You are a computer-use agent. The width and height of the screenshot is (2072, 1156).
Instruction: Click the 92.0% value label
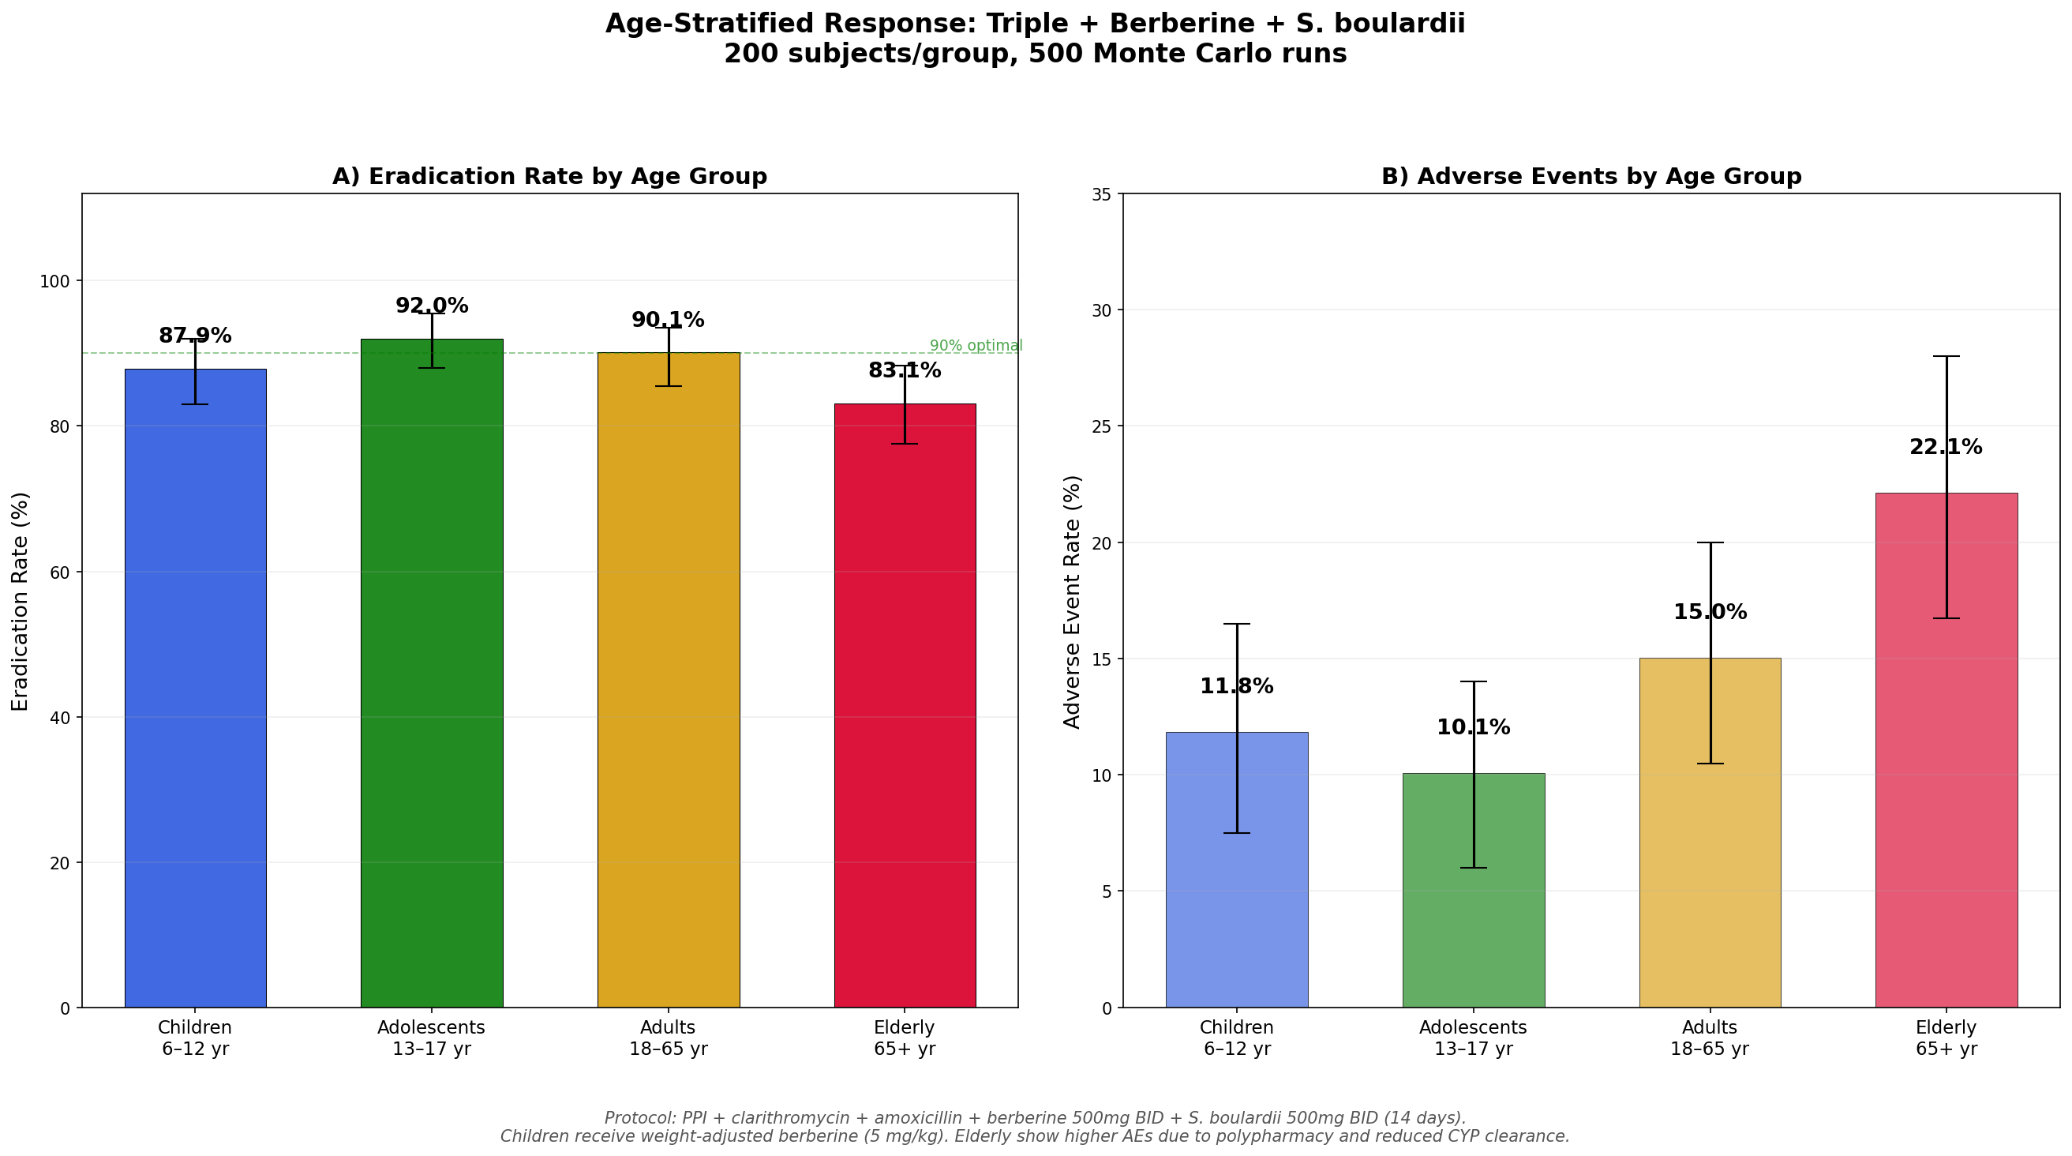tap(432, 306)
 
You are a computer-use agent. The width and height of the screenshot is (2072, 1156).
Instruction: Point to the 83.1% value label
tap(904, 371)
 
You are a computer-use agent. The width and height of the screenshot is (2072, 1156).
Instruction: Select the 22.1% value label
tap(1946, 447)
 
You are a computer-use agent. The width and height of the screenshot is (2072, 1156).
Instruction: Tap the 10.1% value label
tap(1473, 728)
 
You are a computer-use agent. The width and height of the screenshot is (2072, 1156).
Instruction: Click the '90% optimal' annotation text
tap(976, 346)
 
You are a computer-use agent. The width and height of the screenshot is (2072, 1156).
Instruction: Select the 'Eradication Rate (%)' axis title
tap(21, 601)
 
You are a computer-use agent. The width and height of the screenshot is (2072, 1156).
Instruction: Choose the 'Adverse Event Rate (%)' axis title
tap(1072, 601)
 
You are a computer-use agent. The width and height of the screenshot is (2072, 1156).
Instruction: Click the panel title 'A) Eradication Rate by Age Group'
tap(549, 176)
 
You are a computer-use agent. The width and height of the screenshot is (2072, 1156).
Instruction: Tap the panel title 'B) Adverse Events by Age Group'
tap(1591, 176)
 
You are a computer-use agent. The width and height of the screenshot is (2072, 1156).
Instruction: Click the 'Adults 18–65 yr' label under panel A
tap(668, 1038)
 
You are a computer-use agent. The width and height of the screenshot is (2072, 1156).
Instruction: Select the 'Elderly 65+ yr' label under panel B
tap(1946, 1038)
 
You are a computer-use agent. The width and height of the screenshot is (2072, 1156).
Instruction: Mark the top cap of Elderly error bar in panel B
tap(1946, 356)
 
